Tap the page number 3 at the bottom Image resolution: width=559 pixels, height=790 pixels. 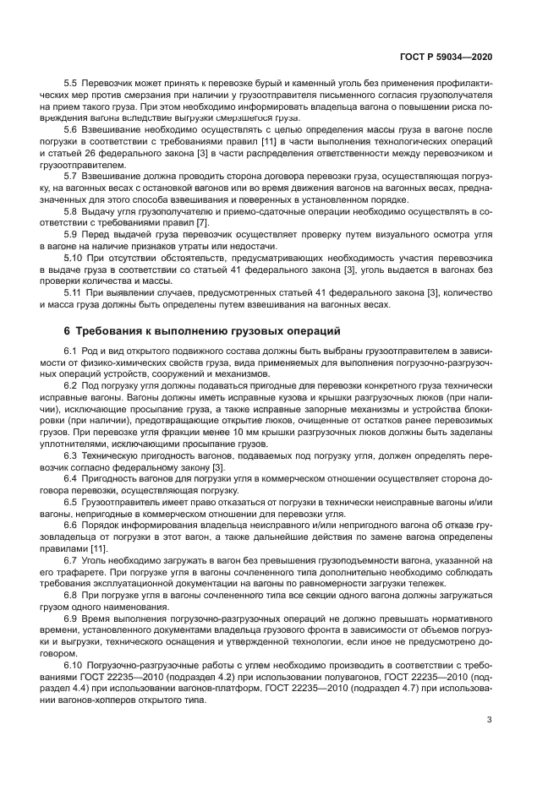(x=489, y=720)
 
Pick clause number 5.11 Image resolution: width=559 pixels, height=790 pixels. (x=73, y=292)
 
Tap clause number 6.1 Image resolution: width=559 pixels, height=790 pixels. (x=70, y=350)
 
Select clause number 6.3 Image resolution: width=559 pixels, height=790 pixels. (x=70, y=455)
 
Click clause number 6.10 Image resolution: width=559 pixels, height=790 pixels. (x=73, y=667)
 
